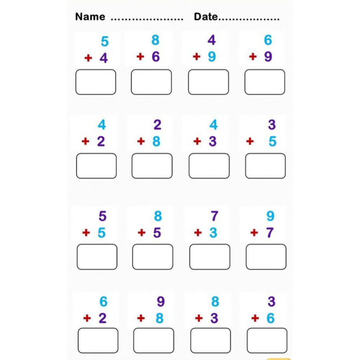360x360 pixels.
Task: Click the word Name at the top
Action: click(x=90, y=17)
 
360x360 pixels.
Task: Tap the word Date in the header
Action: click(x=206, y=17)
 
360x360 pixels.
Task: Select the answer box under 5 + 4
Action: click(x=96, y=82)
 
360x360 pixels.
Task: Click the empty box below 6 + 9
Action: click(x=265, y=82)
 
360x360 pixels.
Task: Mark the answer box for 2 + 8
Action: click(x=152, y=166)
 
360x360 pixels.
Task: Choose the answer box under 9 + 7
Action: click(x=266, y=257)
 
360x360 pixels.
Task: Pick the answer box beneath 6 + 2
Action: click(x=98, y=341)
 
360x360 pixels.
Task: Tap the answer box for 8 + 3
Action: click(x=211, y=341)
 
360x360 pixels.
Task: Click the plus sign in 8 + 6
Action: click(x=140, y=57)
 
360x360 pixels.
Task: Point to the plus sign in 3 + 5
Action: click(x=250, y=141)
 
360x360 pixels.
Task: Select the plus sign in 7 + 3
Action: click(x=198, y=233)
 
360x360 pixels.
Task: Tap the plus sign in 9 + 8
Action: click(x=141, y=318)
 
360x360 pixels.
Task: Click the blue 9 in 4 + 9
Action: click(x=212, y=57)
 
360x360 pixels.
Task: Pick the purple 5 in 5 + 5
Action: click(x=103, y=216)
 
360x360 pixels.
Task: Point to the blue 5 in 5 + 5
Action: click(x=101, y=233)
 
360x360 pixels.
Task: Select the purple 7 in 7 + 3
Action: click(x=215, y=216)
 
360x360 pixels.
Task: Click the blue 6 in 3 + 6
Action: click(x=270, y=318)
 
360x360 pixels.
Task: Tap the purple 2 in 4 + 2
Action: click(x=101, y=141)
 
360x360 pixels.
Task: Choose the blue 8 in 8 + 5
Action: click(x=158, y=216)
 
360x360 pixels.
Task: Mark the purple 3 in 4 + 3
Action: click(x=213, y=141)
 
